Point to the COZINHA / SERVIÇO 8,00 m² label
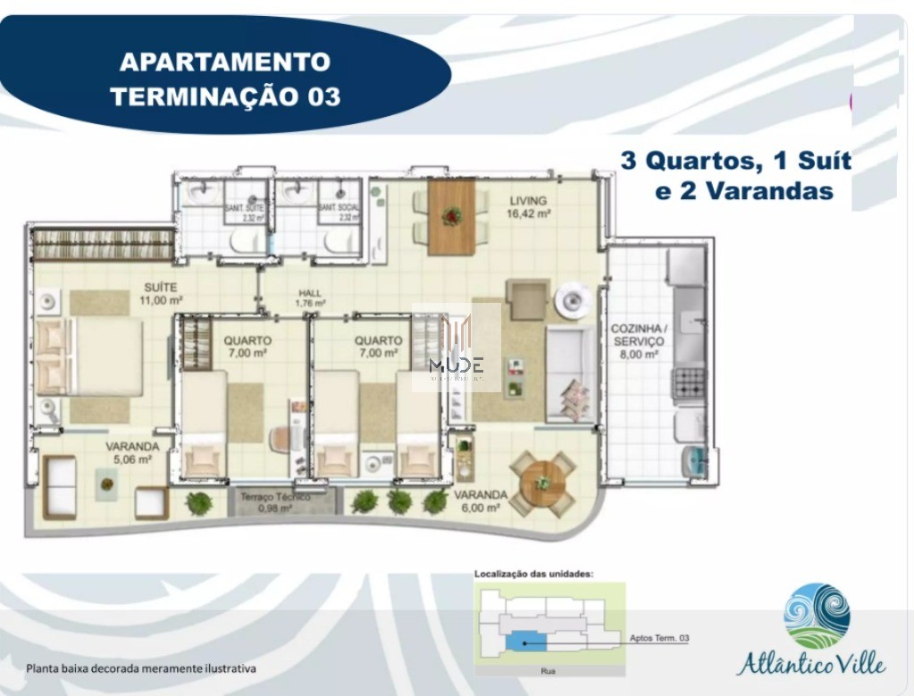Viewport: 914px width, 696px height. point(637,341)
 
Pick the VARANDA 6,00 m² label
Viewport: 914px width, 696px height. point(480,500)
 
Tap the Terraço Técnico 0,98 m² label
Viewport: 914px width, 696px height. point(274,502)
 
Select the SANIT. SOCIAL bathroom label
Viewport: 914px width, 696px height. point(340,212)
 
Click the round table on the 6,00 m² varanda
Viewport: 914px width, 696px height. point(542,483)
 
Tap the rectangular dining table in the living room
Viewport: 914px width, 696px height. point(452,216)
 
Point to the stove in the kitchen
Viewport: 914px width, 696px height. point(689,383)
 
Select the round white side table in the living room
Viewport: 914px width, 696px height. point(572,301)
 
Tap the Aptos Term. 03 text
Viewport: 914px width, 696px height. point(659,638)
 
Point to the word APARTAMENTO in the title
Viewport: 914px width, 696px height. point(224,63)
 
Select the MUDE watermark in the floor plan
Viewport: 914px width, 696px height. point(456,365)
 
